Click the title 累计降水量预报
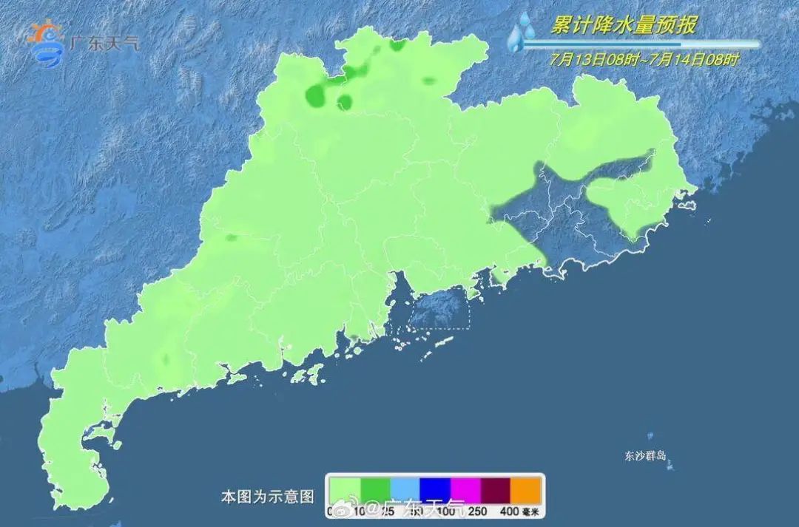coord(623,25)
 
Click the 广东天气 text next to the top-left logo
coord(104,43)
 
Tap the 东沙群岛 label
coord(646,455)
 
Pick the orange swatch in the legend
coord(527,489)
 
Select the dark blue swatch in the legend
coord(435,489)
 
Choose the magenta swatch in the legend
coord(465,489)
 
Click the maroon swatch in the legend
coord(496,489)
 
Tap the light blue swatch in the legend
coord(405,489)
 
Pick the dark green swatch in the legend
coord(374,489)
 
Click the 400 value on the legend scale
coord(508,511)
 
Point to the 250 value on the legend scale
coord(478,511)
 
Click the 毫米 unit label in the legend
coord(532,511)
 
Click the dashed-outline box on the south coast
coord(439,308)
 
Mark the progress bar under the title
coord(641,44)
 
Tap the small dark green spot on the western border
coord(232,238)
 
